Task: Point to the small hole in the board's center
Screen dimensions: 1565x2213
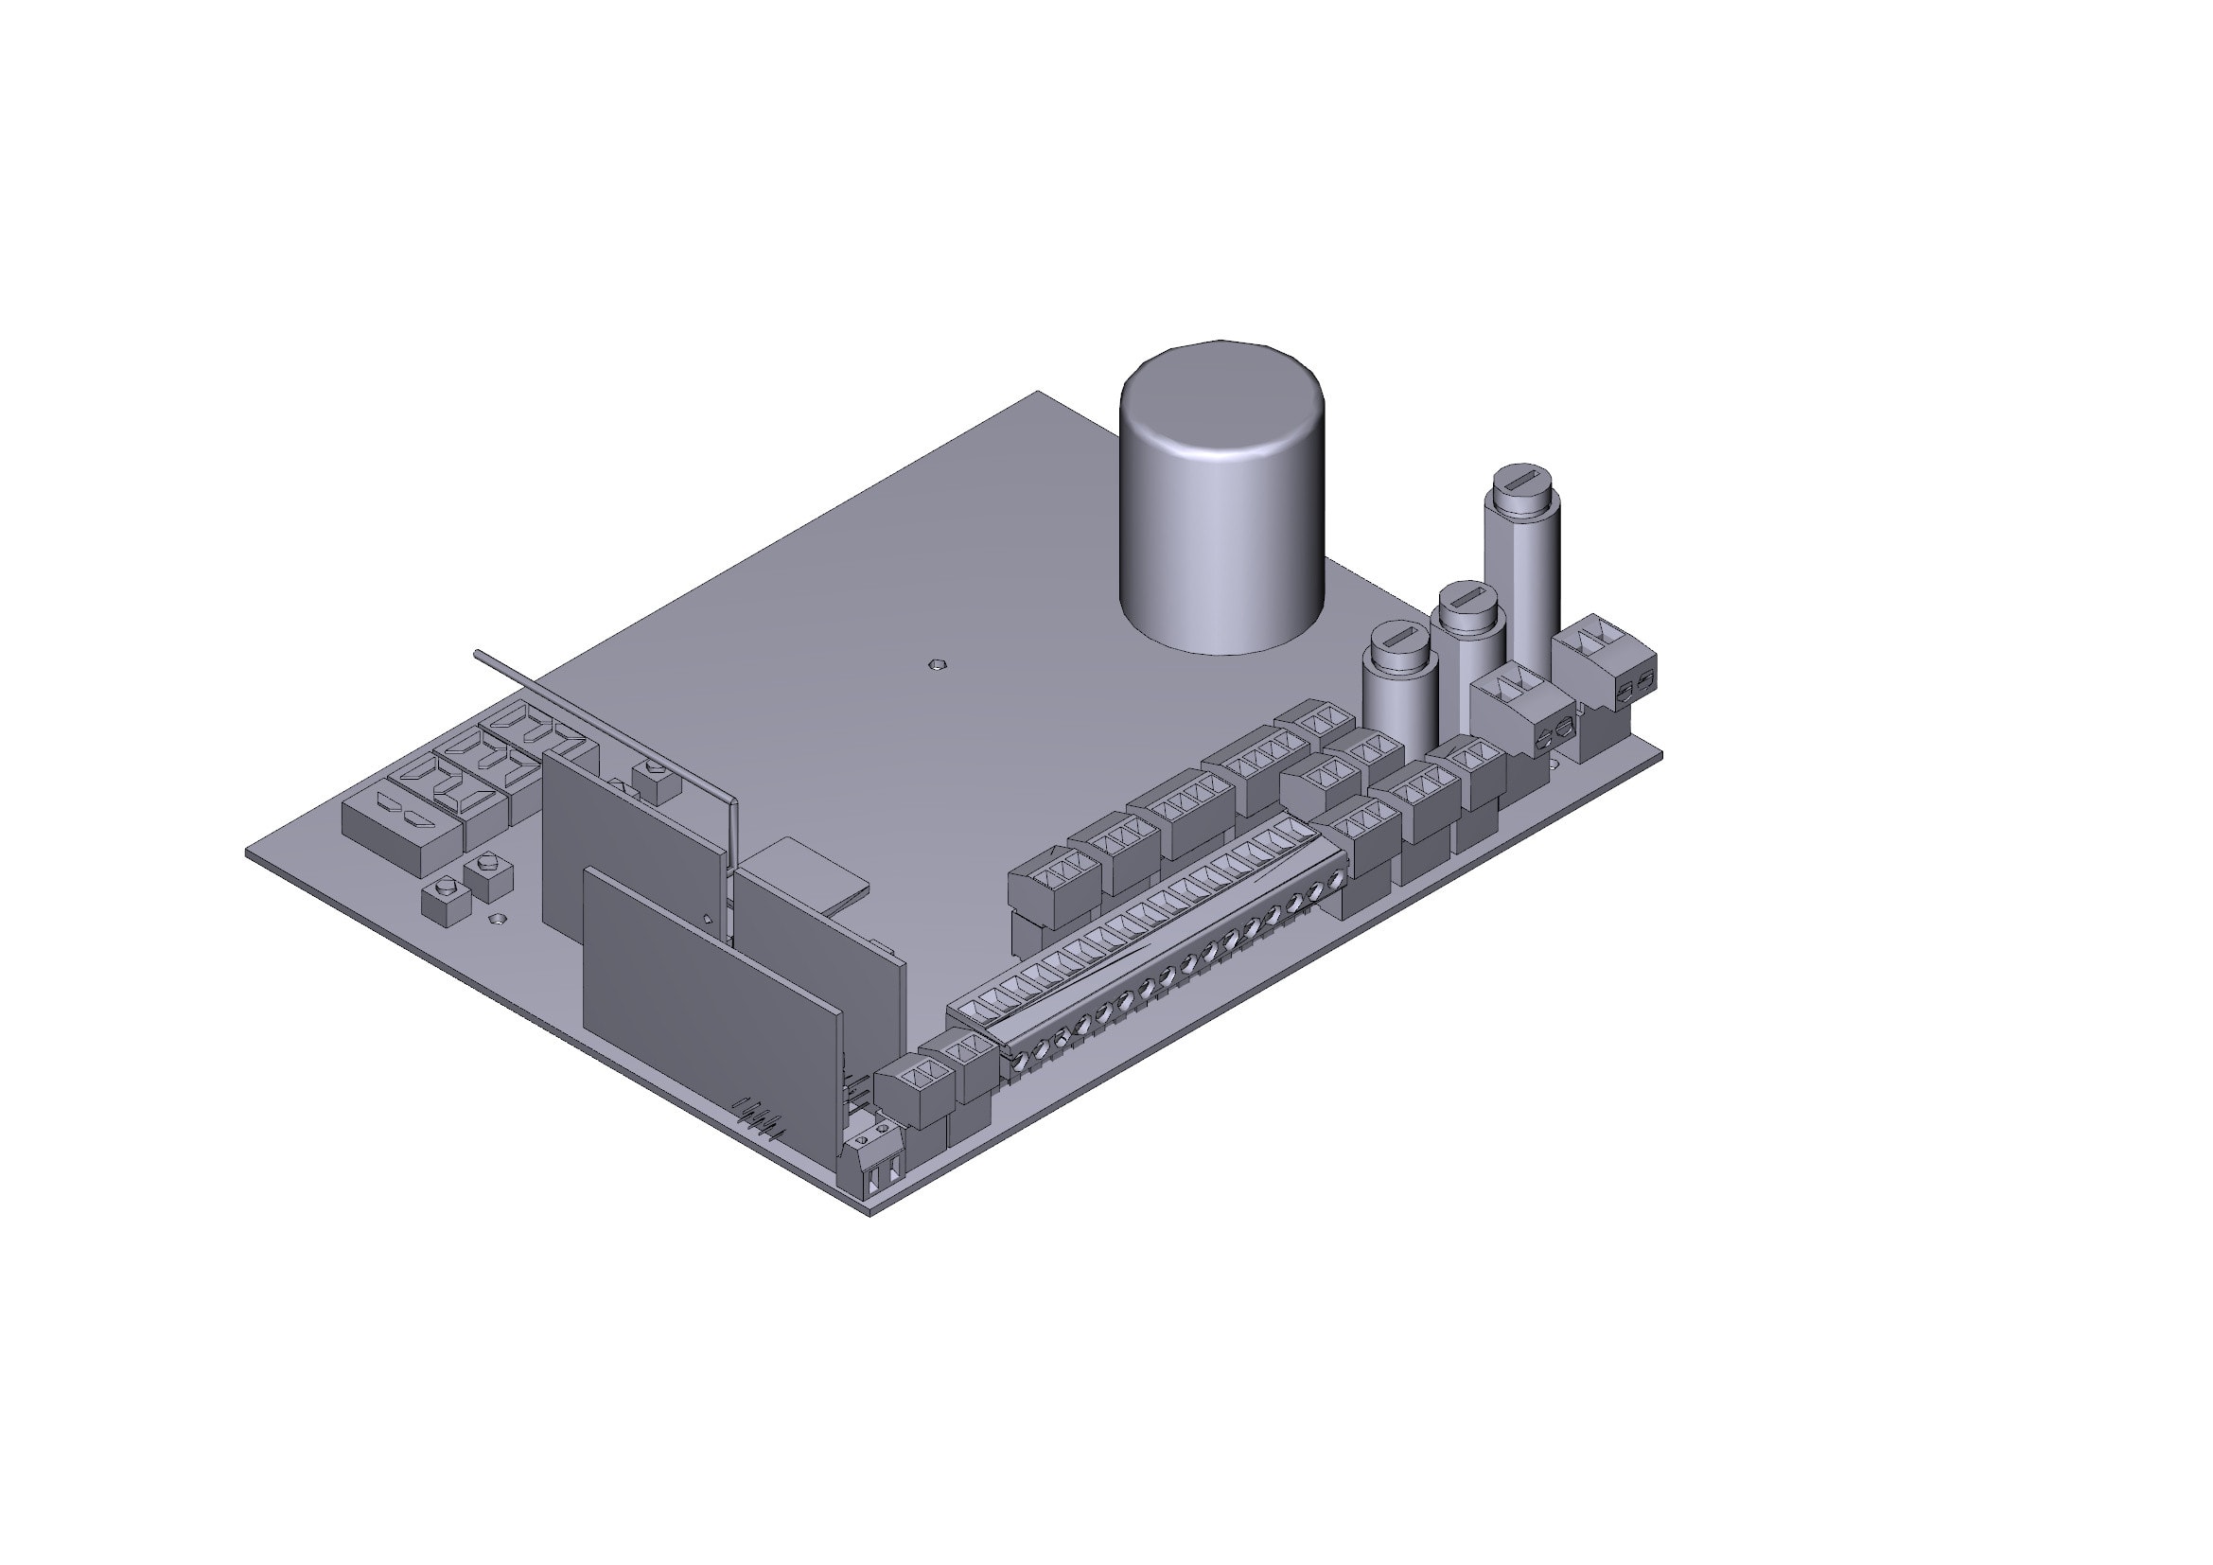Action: click(933, 664)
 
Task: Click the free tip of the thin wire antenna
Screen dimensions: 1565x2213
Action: click(476, 653)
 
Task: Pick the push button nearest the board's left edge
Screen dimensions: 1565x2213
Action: click(447, 898)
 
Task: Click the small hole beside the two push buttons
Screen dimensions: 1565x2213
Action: click(498, 919)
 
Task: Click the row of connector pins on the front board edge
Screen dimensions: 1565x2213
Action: click(758, 1117)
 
